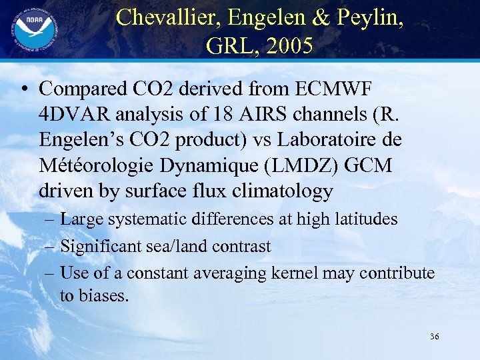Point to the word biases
pos(103,295)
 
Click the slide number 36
pos(434,337)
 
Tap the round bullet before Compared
pos(25,89)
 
